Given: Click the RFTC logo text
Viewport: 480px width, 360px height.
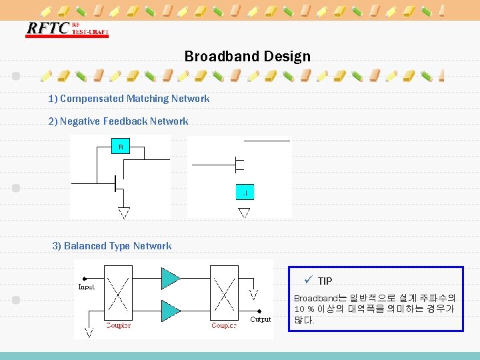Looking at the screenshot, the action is [x=47, y=29].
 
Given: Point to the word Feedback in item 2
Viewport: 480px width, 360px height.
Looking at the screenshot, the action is [x=125, y=121].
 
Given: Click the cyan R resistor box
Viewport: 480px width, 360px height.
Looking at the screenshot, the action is [x=121, y=147].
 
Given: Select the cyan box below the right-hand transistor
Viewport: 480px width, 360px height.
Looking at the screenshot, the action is [x=245, y=192].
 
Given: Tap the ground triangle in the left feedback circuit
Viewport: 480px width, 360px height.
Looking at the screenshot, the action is [x=123, y=213].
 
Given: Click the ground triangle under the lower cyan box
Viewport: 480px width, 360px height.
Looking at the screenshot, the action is [x=244, y=213].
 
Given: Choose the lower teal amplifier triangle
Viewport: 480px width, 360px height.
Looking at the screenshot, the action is [x=171, y=309].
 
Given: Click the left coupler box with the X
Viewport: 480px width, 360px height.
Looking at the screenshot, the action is [x=119, y=293].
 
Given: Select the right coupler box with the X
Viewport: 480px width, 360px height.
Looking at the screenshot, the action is [x=224, y=293].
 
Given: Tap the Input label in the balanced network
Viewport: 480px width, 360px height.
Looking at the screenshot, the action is [x=87, y=287].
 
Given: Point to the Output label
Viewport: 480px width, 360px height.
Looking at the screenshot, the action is [x=261, y=319].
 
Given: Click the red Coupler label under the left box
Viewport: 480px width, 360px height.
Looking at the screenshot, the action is [x=119, y=325].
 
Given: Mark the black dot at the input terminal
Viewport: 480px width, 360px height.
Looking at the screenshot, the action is [x=83, y=278].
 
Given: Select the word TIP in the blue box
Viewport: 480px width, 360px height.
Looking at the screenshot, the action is [x=325, y=281].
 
